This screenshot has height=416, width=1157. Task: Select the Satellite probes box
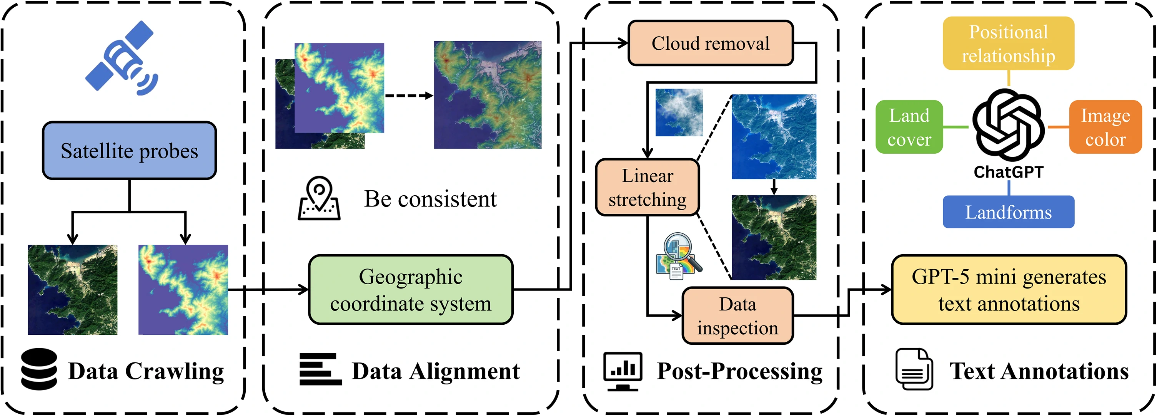[x=129, y=151]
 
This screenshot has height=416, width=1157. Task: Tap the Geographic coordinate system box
[x=411, y=290]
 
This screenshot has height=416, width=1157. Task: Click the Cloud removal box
[x=711, y=43]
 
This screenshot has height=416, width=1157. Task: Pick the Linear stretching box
[x=647, y=187]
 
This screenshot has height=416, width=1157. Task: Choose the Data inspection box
[x=737, y=316]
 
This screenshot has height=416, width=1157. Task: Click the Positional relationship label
[x=1008, y=44]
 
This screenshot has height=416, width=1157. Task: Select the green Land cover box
[x=909, y=127]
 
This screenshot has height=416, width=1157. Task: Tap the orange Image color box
[x=1105, y=127]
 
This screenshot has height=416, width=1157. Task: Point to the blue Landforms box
[x=1008, y=212]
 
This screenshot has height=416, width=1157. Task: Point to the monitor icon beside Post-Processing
[x=623, y=371]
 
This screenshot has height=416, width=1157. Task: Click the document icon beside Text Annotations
[x=914, y=369]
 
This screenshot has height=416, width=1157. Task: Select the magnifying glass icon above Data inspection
[x=679, y=255]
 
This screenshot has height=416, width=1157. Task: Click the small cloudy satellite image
[x=679, y=112]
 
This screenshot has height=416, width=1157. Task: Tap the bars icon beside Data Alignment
[x=320, y=369]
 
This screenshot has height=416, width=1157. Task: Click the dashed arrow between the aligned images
[x=409, y=96]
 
